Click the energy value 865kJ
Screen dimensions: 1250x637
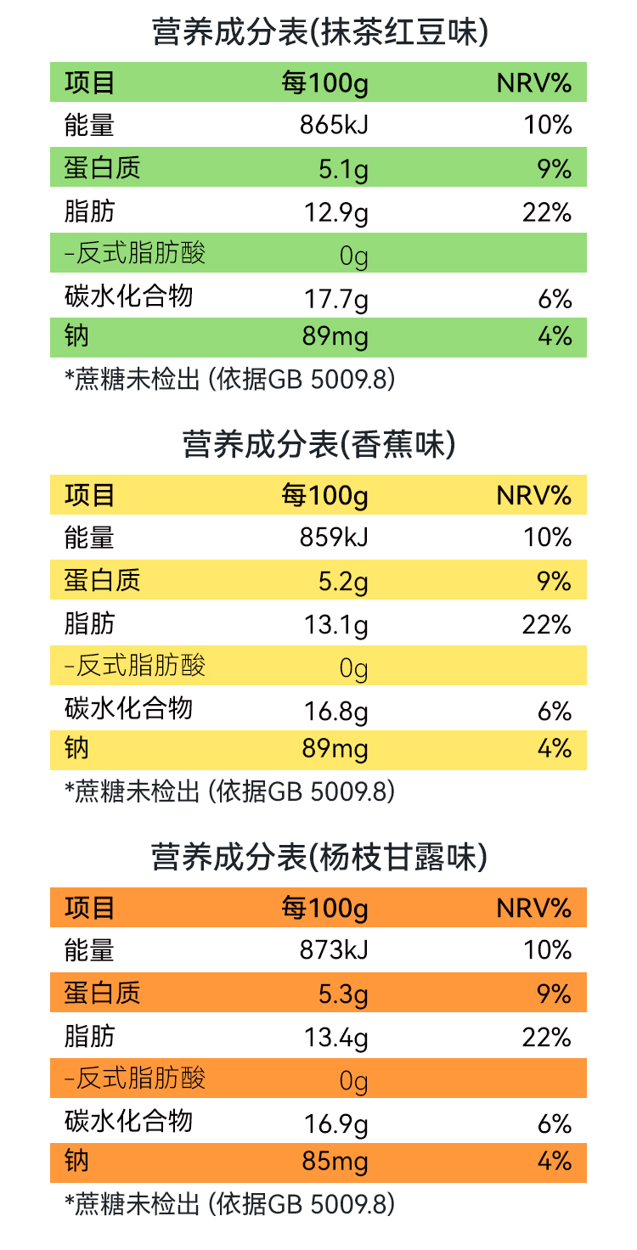coord(334,126)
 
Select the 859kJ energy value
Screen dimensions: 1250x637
coord(334,538)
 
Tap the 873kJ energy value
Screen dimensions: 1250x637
coord(334,949)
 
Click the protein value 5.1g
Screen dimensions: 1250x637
coord(343,170)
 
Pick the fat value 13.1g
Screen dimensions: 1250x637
coord(336,626)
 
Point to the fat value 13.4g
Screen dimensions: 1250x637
coord(336,1038)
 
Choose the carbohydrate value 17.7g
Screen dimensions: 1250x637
coord(336,299)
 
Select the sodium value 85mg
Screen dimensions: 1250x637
coord(335,1161)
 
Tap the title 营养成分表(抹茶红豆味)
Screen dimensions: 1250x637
coord(319,33)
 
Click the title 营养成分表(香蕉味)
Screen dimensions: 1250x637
coord(319,445)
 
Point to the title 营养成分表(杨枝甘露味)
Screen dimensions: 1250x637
coord(319,857)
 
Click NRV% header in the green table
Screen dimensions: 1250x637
coord(533,83)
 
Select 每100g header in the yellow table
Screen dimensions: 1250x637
coord(324,495)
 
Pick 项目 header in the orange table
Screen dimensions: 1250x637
coord(89,907)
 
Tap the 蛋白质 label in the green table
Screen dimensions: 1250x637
coord(102,168)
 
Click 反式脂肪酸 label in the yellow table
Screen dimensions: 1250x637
coord(135,665)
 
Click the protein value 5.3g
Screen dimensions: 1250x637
coord(343,994)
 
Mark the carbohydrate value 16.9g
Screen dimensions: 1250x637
coord(336,1124)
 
